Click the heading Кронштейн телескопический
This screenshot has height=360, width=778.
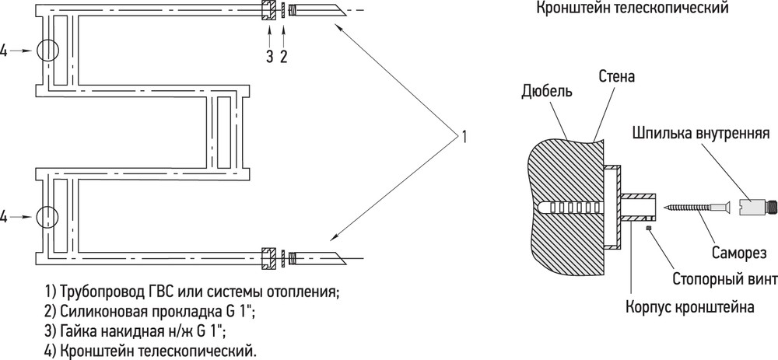[x=633, y=8]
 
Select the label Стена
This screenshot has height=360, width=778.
[x=617, y=76]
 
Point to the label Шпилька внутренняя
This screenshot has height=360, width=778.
[x=701, y=134]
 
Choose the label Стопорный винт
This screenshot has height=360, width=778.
[x=725, y=279]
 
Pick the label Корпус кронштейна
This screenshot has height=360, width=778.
[x=689, y=307]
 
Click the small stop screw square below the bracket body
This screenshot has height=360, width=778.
[x=649, y=228]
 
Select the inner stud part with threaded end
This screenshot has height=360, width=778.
[x=753, y=206]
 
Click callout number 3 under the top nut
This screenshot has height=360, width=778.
[x=269, y=57]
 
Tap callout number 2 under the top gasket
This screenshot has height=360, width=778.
[x=284, y=57]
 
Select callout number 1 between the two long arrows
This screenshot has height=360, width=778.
[x=464, y=136]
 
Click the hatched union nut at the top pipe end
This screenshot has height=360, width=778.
[x=269, y=11]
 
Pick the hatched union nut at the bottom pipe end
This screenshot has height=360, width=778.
[x=269, y=258]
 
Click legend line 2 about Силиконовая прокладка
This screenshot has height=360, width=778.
[x=149, y=312]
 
